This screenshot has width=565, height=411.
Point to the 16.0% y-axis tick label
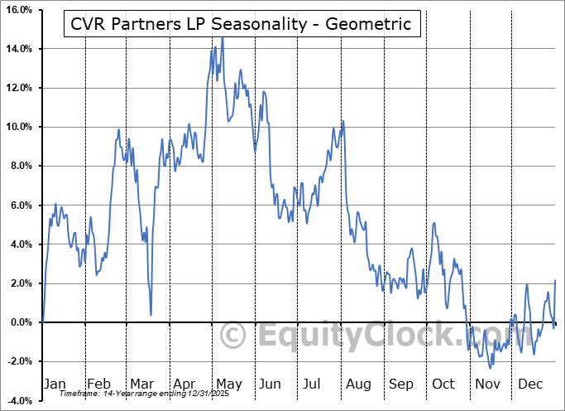(18, 10)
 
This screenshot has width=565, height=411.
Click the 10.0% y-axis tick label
(18, 127)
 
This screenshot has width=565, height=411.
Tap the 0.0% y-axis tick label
(20, 322)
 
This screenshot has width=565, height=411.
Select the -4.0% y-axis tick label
(18, 400)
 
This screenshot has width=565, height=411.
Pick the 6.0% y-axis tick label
(20, 205)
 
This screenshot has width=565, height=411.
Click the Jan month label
(55, 384)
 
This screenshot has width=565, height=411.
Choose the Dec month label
(531, 384)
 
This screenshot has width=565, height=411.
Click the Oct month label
(444, 384)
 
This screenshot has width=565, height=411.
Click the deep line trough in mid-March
(151, 314)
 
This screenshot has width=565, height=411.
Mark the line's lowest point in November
(491, 368)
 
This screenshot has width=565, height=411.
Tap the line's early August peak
(342, 122)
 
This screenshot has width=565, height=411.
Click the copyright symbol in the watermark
(233, 335)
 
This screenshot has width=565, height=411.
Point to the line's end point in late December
(555, 281)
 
